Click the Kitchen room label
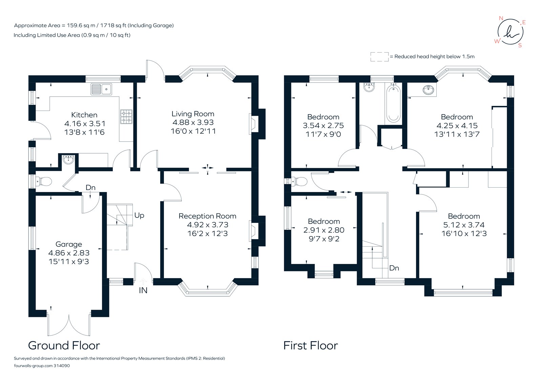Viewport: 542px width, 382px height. [x=84, y=115]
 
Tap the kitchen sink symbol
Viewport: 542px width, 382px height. [x=101, y=90]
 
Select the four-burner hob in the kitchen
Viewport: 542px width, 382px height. [x=126, y=116]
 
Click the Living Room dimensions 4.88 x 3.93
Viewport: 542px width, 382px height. [x=193, y=122]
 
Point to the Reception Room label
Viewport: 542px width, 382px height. [x=207, y=216]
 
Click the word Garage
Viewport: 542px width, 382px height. [x=69, y=244]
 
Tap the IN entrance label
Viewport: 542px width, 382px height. [x=143, y=290]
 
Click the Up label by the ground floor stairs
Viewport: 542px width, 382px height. [x=139, y=215]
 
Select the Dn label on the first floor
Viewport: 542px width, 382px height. [x=394, y=268]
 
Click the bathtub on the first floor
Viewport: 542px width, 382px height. [x=393, y=103]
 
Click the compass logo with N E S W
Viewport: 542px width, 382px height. [x=510, y=32]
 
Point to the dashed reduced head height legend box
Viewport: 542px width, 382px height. [x=379, y=57]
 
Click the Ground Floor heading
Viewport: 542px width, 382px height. [x=64, y=345]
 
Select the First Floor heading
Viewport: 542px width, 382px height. [x=310, y=345]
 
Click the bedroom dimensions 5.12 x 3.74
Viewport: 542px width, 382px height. [x=464, y=225]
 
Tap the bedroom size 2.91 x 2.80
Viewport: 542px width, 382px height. [x=324, y=230]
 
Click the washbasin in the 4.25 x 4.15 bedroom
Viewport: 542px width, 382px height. [x=429, y=90]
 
